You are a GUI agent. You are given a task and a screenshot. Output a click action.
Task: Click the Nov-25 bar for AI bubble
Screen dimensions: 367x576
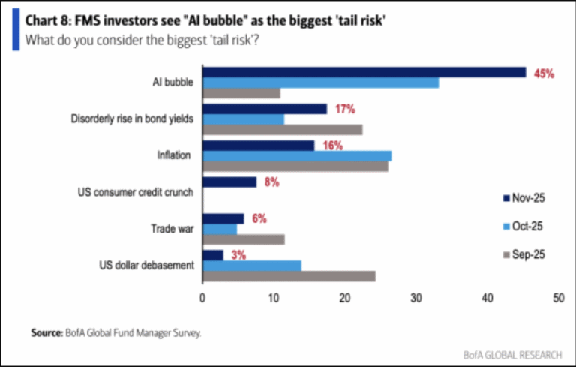click(364, 72)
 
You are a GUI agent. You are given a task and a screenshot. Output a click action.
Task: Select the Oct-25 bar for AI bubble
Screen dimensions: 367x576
click(321, 83)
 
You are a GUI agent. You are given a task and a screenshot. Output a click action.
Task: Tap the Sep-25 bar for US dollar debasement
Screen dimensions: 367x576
click(289, 276)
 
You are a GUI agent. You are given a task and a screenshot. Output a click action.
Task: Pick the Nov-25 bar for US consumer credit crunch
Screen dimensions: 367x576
click(229, 182)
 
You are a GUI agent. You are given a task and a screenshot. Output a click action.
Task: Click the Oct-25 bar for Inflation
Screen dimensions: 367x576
click(297, 155)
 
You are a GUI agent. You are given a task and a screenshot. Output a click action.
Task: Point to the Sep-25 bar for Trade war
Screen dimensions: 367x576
click(244, 239)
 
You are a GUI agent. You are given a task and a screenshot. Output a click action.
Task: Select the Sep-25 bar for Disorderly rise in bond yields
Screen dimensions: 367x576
click(283, 130)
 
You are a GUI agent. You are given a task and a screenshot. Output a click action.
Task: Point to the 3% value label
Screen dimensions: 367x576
click(238, 254)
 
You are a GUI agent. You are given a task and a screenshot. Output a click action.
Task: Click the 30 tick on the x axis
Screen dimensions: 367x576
click(416, 298)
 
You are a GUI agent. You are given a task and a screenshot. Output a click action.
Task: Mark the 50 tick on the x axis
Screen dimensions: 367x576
click(558, 298)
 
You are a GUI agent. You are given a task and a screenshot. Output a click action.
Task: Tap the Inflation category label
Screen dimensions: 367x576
click(173, 155)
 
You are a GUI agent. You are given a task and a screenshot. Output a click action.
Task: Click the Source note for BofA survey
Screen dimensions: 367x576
click(116, 331)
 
